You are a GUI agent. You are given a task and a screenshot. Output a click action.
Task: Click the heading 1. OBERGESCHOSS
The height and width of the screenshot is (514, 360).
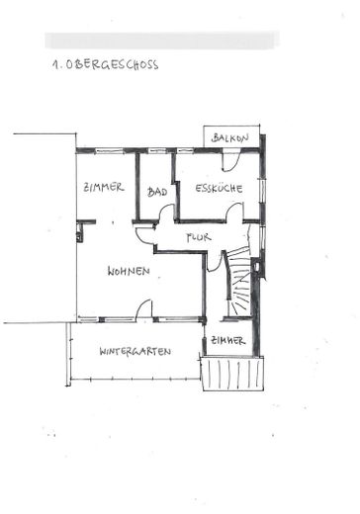[105, 64]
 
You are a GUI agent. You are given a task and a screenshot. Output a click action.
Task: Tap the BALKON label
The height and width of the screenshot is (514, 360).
[230, 137]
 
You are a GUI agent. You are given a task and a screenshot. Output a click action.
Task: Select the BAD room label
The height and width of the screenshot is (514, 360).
[157, 192]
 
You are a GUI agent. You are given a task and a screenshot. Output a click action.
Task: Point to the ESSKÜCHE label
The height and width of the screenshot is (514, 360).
[219, 188]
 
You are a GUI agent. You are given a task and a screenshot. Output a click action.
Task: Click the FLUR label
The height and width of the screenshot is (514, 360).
[199, 237]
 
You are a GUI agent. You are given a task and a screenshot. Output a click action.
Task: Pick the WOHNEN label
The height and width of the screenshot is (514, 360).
[129, 271]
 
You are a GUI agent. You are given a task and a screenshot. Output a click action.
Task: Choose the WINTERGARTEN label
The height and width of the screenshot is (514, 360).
[135, 351]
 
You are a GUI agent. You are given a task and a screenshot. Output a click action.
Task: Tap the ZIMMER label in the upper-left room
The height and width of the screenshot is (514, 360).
[104, 188]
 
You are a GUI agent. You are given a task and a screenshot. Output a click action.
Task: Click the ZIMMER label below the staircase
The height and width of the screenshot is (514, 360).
[228, 340]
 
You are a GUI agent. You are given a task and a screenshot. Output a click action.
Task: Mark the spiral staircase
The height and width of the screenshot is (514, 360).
[239, 282]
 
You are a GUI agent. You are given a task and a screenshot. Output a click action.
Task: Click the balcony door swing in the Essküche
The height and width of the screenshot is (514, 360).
[230, 160]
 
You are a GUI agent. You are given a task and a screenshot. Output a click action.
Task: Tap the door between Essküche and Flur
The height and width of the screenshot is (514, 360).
[234, 212]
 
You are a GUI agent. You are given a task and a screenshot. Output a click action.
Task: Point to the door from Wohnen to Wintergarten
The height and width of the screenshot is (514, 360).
[144, 309]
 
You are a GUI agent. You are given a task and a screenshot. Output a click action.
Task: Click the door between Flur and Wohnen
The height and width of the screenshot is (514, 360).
[145, 236]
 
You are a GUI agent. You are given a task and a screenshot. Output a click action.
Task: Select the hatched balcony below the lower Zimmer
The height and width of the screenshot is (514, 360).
[232, 374]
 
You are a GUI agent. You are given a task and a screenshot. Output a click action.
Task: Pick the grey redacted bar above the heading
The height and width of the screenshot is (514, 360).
[162, 41]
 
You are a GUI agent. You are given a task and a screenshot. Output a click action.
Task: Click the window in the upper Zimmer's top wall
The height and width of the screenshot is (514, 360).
[110, 151]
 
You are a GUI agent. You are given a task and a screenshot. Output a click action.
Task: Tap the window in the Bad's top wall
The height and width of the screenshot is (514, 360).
[157, 151]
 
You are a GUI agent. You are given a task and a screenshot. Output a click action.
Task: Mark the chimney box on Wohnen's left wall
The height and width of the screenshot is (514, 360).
[79, 232]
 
